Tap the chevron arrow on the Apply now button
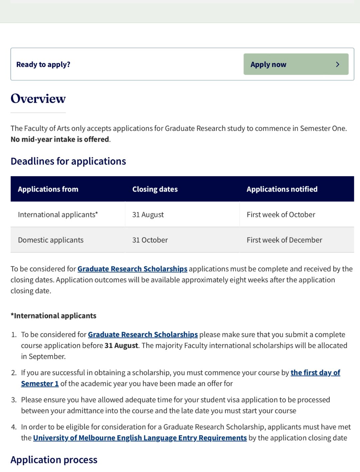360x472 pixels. (337, 64)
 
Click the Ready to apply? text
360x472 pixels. (43, 64)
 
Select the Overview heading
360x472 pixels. (38, 99)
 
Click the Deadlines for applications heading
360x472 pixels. (68, 161)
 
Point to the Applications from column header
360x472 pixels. (48, 189)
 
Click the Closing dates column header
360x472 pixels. (155, 189)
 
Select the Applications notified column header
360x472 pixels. (282, 189)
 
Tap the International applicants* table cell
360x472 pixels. (58, 214)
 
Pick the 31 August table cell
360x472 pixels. (148, 214)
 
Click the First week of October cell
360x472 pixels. (281, 214)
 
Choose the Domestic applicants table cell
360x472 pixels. (51, 240)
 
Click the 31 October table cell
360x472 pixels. (150, 240)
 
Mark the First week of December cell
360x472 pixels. (284, 240)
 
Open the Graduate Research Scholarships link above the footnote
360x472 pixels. (132, 269)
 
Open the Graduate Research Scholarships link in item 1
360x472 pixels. (143, 335)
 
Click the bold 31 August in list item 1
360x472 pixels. (121, 346)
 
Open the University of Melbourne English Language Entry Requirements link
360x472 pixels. (140, 438)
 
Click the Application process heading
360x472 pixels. (54, 460)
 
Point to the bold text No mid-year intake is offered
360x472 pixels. (60, 139)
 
